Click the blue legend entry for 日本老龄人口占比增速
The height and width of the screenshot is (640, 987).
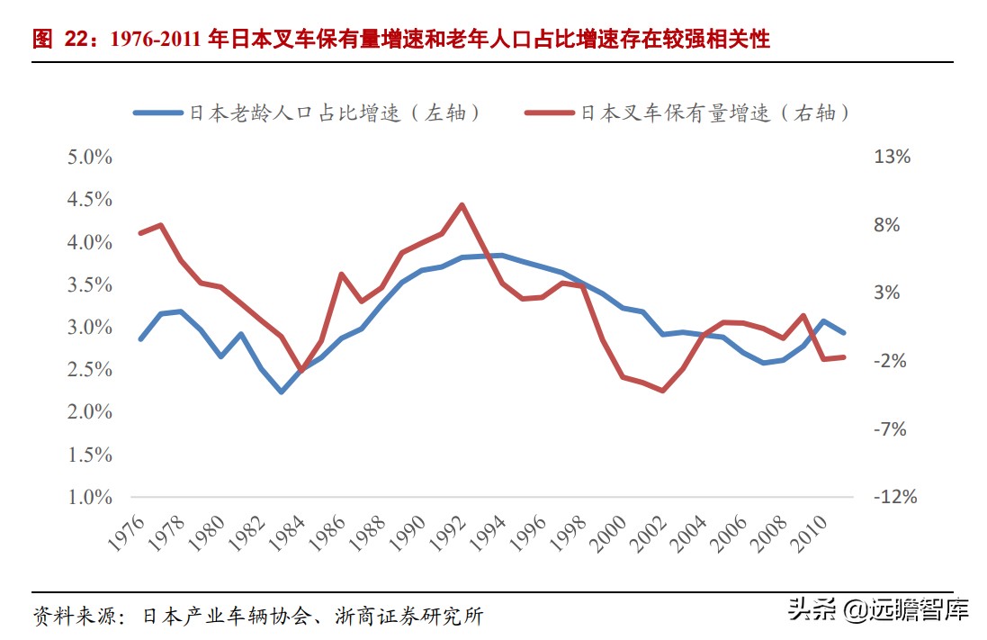click(306, 113)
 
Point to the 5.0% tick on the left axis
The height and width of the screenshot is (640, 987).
click(89, 157)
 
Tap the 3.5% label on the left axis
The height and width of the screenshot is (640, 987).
click(89, 284)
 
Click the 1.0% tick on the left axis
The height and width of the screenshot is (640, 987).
click(89, 497)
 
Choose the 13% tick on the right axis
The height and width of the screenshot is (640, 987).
click(893, 157)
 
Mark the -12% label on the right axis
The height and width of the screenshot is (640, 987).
click(896, 497)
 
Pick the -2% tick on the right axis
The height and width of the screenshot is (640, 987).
click(893, 361)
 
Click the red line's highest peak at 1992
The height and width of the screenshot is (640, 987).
click(462, 204)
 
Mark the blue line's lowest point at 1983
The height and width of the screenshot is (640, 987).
click(281, 392)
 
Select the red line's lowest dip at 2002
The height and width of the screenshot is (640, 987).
click(663, 391)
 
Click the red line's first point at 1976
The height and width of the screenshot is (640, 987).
click(140, 233)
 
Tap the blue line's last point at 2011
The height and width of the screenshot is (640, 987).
click(844, 332)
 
